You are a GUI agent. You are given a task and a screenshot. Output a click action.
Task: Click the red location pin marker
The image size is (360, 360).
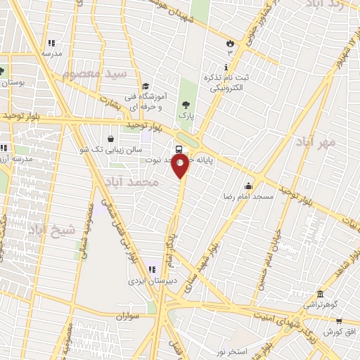click(x=181, y=166)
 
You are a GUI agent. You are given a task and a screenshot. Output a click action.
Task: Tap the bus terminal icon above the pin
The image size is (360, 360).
click(x=179, y=149)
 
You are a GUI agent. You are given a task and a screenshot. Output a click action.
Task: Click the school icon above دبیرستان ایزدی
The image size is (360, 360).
click(x=152, y=269)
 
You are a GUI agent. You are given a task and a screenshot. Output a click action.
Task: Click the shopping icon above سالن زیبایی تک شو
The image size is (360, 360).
click(x=113, y=139)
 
